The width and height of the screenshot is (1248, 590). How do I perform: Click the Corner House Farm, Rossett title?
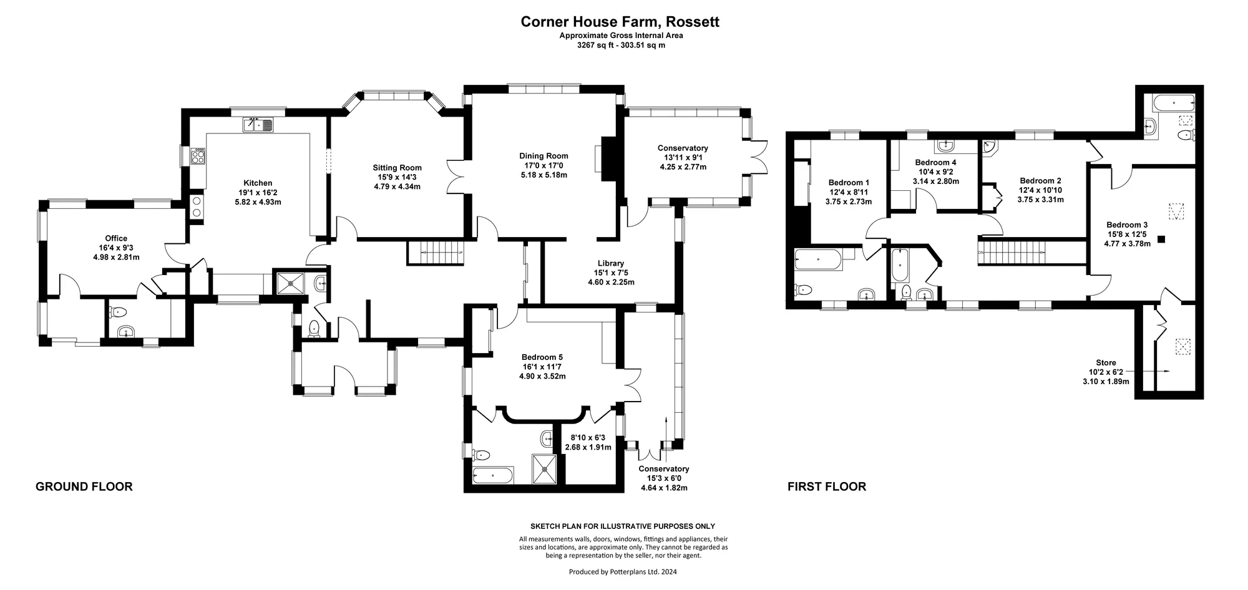[x=620, y=22]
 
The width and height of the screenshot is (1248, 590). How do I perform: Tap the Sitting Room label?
[x=397, y=168]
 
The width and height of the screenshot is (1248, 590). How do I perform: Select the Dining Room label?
[x=544, y=156]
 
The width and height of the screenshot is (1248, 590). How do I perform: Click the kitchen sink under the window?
[x=258, y=125]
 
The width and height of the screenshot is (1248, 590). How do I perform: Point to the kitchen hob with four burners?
[x=200, y=156]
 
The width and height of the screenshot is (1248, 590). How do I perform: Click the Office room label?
[x=116, y=238]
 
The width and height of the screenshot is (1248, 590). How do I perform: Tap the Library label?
[x=610, y=263]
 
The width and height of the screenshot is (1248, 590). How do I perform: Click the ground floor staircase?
[x=436, y=253]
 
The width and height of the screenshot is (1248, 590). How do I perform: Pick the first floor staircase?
[x=1032, y=251]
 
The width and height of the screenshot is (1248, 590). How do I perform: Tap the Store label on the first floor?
[x=1106, y=362]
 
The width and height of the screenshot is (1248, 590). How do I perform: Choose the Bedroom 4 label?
[x=936, y=162]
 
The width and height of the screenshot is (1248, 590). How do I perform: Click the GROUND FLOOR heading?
[x=84, y=486]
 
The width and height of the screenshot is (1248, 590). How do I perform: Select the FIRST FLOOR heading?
[x=827, y=486]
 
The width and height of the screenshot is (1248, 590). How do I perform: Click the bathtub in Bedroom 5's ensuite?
[x=493, y=476]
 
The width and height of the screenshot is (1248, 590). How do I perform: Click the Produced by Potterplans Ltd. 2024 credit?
[x=623, y=572]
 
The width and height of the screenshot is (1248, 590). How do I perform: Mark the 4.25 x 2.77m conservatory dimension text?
[x=683, y=167]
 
